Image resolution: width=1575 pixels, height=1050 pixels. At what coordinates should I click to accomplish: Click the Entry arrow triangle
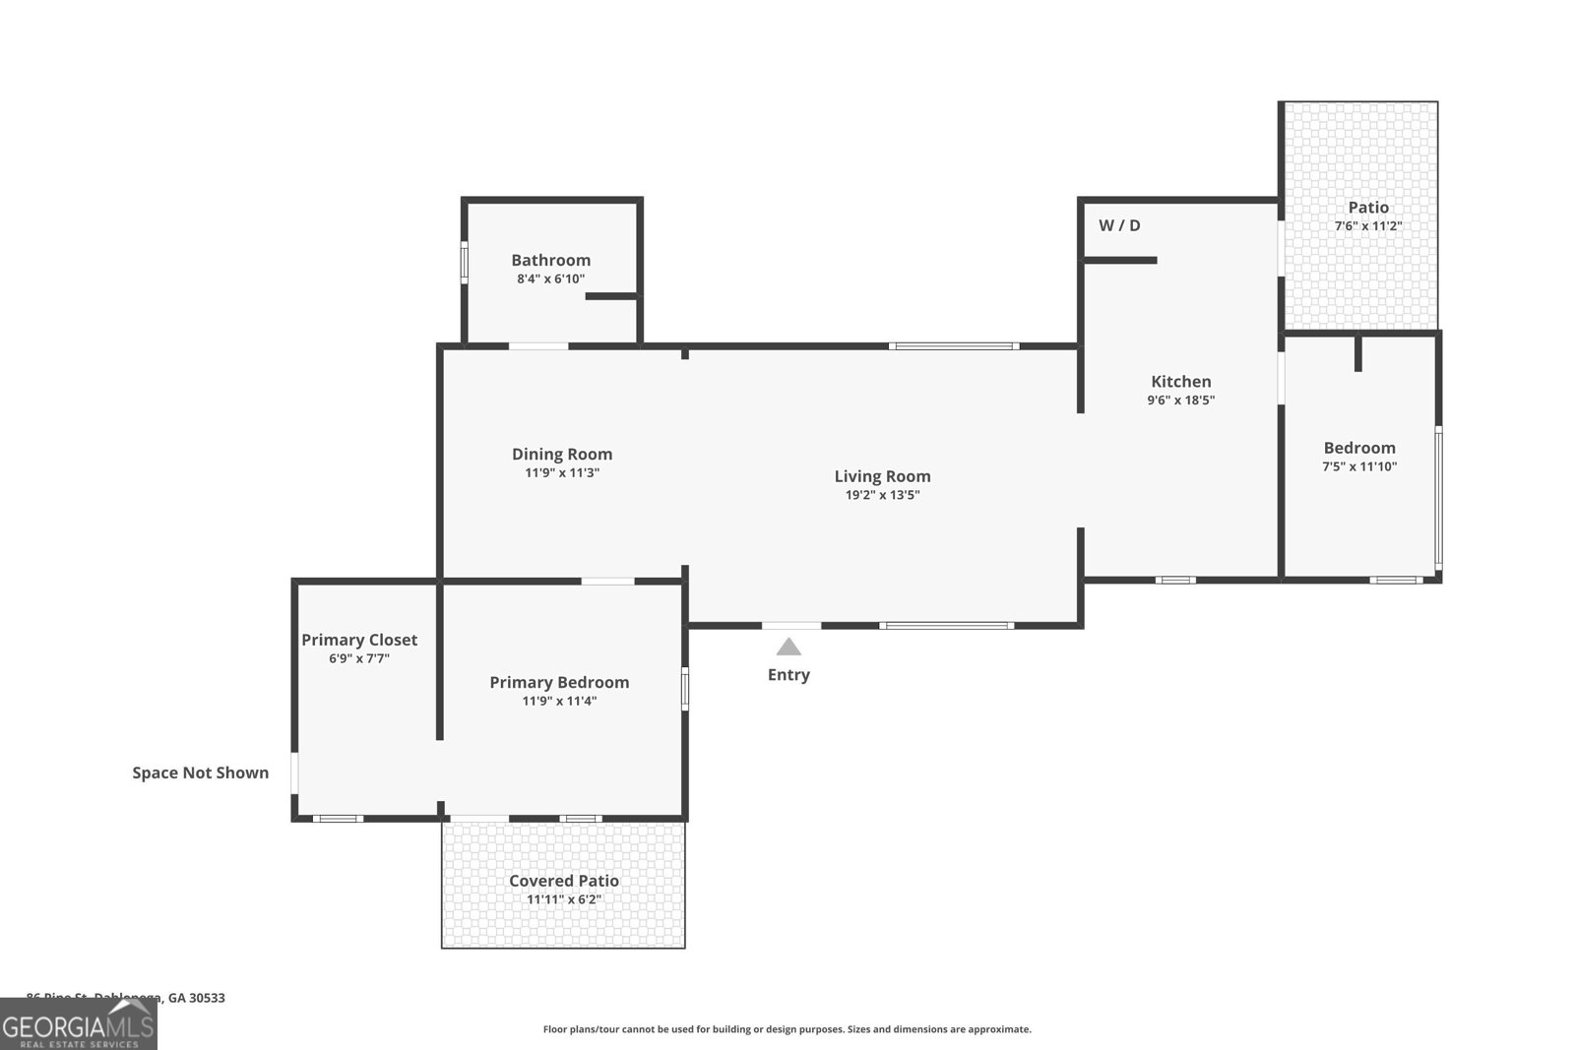coord(788,648)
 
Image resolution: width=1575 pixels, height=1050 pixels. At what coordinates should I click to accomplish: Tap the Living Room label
coord(882,476)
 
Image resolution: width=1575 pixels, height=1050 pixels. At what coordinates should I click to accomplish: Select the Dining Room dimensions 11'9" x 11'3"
coord(562,473)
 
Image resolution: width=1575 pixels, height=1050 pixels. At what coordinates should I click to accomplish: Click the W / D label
coord(1119,225)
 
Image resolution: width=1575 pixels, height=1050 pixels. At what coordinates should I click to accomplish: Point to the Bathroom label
coord(550,261)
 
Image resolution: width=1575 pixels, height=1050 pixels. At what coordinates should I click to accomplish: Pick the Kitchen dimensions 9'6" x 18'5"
coord(1180,401)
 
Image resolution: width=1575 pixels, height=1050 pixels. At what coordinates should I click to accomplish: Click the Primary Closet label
coord(359,640)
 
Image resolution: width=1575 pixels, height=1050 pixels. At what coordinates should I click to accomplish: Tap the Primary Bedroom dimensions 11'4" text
coord(559,702)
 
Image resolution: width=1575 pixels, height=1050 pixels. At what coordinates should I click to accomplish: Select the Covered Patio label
coord(563,881)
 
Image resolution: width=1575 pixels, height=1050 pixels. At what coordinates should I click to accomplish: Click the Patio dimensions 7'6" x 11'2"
coord(1367,226)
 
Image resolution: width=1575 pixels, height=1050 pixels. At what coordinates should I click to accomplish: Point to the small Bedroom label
coord(1358,448)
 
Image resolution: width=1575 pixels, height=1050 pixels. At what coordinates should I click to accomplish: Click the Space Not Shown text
coord(201,772)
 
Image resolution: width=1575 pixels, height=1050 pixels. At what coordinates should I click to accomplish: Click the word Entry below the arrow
coord(788,675)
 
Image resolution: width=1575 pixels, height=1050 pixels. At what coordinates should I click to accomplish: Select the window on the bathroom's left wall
coord(465,263)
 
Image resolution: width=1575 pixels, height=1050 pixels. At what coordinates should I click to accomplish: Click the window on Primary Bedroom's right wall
coord(685,688)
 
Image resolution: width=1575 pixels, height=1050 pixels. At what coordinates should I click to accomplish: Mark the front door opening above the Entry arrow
coord(791,625)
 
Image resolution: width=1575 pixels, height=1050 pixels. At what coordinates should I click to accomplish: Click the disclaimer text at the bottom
coord(787,1029)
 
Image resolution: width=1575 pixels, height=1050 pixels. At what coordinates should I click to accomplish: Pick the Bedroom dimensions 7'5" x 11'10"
coord(1358,467)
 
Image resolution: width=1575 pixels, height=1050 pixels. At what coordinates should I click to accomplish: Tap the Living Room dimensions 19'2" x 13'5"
coord(882,495)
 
